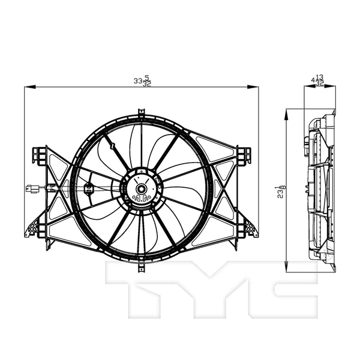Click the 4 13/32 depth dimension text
pyautogui.click(x=318, y=80)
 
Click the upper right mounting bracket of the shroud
pyautogui.click(x=244, y=154)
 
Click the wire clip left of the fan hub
pyautogui.click(x=88, y=187)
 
